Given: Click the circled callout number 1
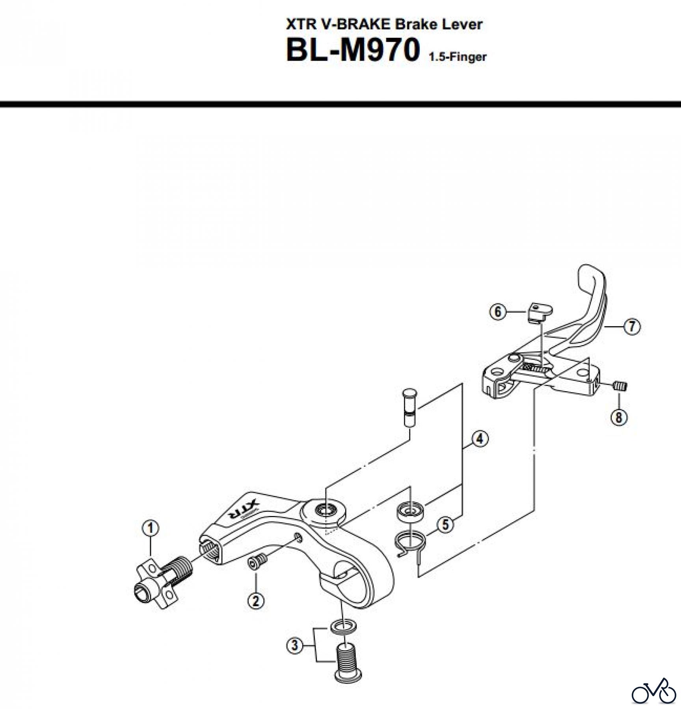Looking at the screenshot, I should coord(151,528).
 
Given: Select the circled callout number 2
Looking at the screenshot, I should coord(255,601).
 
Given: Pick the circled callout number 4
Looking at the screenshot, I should coord(480,438).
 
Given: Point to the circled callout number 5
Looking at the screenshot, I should coord(445,525).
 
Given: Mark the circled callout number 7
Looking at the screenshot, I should coord(632,326).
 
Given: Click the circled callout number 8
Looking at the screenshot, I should coord(618,417).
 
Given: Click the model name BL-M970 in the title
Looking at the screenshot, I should coord(352,51).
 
